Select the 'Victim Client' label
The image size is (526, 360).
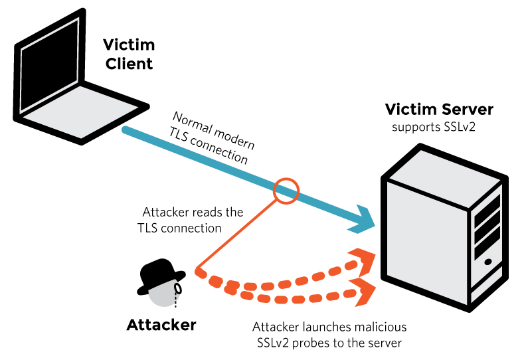pos(128,54)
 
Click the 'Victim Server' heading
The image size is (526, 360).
pos(440,110)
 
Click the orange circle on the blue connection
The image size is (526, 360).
pos(287,190)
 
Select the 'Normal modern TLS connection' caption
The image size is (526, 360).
pos(211,138)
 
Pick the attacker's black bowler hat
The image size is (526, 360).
pos(161,275)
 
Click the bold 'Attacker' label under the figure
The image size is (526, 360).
pos(161,325)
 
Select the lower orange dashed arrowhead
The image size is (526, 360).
pos(364,292)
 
